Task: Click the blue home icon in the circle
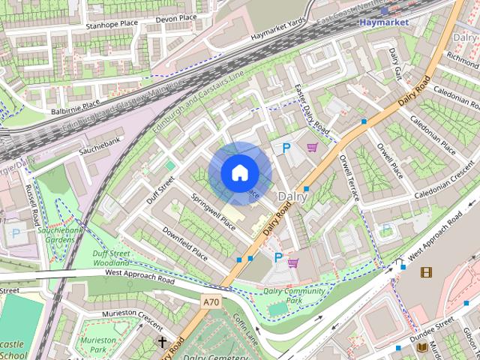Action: (238, 172)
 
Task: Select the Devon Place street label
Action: (175, 17)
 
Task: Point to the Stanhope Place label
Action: (112, 25)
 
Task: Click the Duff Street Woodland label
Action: (112, 259)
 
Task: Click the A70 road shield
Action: (211, 301)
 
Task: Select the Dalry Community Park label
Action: (293, 295)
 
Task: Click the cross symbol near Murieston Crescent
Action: (162, 341)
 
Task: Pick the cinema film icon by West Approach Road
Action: (426, 272)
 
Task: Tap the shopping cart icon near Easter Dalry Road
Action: (311, 148)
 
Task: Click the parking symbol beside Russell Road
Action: (16, 232)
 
